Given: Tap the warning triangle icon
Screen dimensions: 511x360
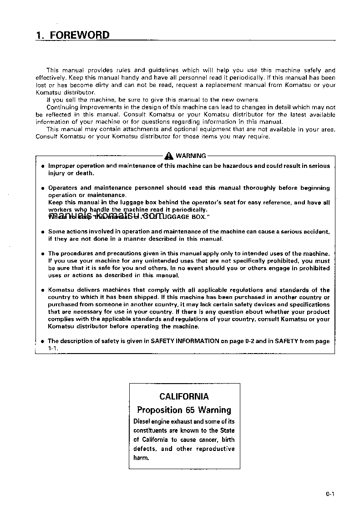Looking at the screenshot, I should point(170,155).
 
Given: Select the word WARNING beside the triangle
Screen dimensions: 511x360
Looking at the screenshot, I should point(191,156).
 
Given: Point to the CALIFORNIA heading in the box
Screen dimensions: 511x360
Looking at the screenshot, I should point(184,396).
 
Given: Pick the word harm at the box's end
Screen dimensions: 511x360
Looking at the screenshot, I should point(141,458).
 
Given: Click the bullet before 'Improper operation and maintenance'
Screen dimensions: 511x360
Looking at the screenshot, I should point(42,167).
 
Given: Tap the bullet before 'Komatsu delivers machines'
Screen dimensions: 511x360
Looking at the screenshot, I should point(42,290).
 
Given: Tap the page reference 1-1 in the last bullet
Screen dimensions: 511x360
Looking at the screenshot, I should point(52,348).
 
